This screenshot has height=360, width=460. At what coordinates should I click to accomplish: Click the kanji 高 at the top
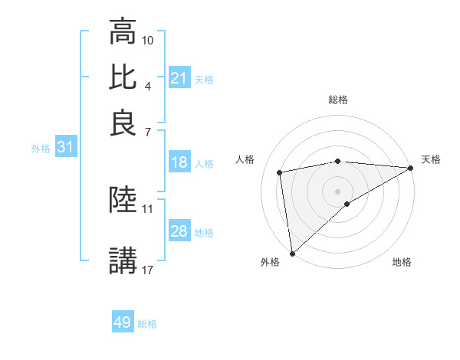[123, 32]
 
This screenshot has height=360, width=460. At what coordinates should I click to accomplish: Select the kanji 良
[123, 123]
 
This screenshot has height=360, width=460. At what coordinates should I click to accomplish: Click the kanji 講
[123, 260]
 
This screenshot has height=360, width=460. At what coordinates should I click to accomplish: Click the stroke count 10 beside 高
[148, 39]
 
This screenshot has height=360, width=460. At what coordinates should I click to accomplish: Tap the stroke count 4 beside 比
[147, 85]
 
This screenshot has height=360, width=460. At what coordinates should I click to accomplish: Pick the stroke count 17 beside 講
[148, 269]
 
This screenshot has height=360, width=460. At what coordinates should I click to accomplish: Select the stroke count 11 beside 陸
[148, 208]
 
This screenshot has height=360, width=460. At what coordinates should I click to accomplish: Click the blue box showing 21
[179, 78]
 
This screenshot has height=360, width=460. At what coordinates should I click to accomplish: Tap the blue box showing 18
[179, 162]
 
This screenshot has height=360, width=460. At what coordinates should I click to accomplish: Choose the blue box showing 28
[179, 231]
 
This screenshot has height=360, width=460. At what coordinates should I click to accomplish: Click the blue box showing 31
[65, 148]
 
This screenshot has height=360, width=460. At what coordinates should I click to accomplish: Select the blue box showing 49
[122, 322]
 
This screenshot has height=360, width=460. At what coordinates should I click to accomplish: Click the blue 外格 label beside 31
[40, 149]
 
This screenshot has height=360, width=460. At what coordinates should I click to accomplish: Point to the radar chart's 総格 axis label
[337, 100]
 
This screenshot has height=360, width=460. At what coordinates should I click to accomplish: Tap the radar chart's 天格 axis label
[431, 159]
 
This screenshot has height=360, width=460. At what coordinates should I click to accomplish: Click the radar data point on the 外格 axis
[292, 253]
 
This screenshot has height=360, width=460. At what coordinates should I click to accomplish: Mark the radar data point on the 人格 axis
[281, 172]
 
